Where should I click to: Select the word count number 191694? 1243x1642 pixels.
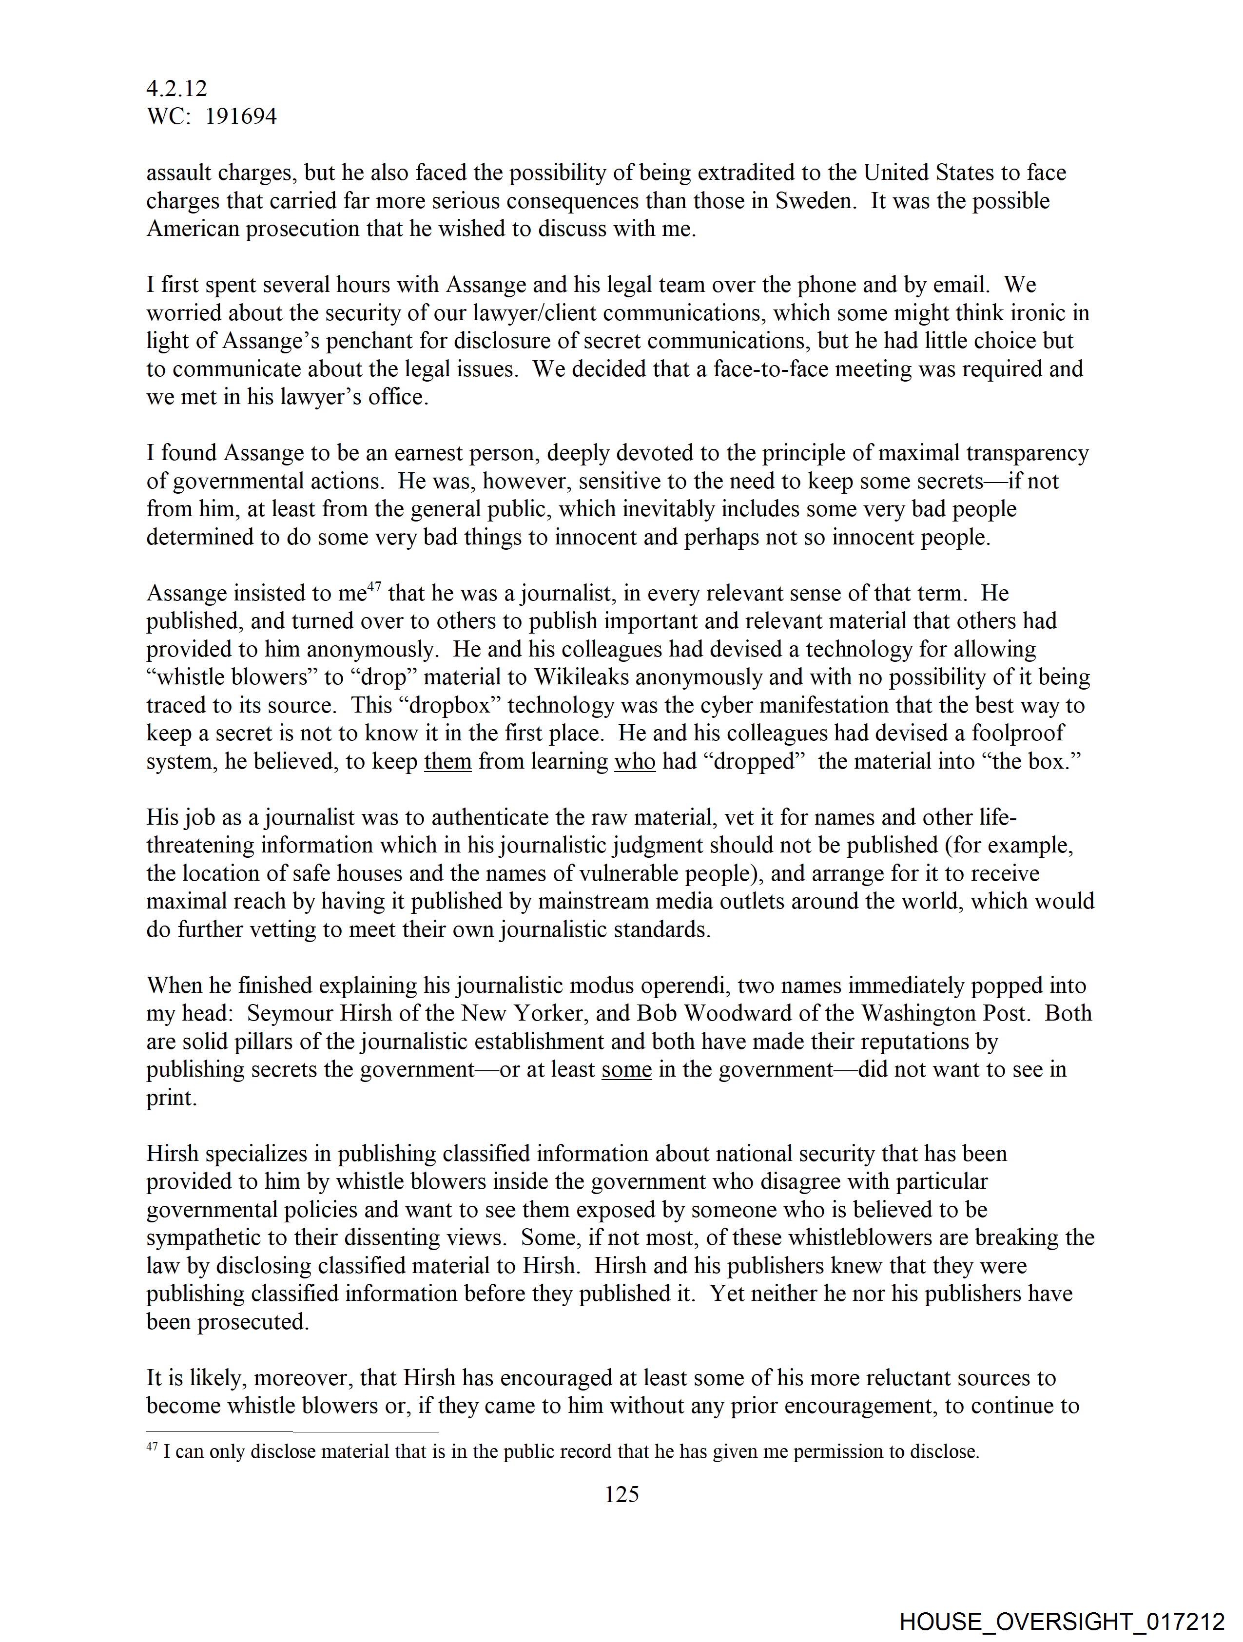click(241, 116)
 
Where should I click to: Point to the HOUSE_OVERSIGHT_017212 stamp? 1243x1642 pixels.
click(1062, 1622)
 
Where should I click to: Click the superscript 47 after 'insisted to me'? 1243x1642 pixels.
click(374, 588)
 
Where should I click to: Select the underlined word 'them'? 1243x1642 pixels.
click(448, 762)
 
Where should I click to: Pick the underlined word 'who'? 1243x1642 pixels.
click(635, 762)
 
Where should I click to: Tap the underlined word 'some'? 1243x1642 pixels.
click(627, 1070)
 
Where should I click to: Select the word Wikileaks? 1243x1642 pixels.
click(576, 677)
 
